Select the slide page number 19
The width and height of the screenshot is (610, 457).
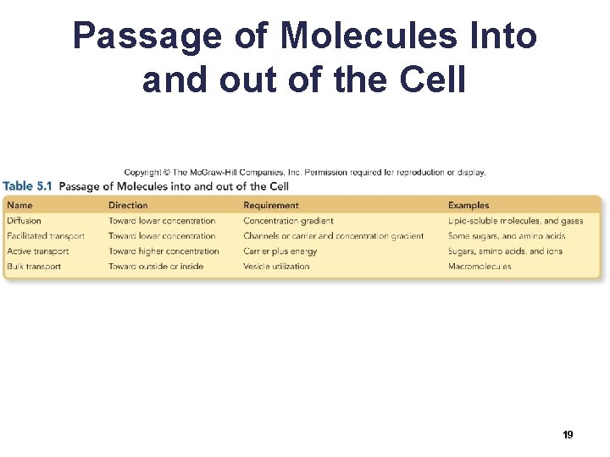click(568, 434)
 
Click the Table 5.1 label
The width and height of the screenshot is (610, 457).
click(28, 186)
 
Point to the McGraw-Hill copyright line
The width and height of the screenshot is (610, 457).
click(305, 173)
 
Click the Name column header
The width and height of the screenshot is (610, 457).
click(19, 205)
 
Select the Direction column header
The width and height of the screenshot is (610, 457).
click(127, 205)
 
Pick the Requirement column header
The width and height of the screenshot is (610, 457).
click(271, 205)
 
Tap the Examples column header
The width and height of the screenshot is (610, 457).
click(469, 205)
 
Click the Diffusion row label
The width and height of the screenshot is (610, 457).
click(24, 221)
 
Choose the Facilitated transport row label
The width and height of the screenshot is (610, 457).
click(46, 236)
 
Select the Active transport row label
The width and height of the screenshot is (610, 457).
click(38, 251)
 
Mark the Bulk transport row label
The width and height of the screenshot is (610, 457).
click(34, 267)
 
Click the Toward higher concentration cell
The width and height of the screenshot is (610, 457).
click(164, 251)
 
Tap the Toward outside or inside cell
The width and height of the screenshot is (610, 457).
click(156, 267)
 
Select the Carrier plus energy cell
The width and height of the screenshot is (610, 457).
click(280, 251)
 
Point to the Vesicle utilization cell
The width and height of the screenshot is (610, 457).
click(276, 267)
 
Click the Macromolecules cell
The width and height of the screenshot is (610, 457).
click(480, 267)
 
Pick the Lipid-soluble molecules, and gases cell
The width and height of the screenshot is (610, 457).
click(515, 221)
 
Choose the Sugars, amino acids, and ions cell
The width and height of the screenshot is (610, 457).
click(505, 251)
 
